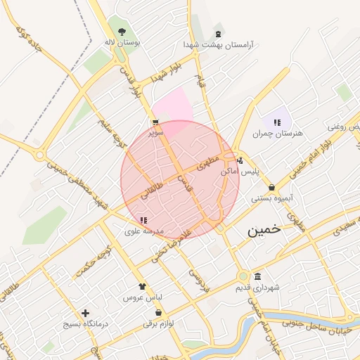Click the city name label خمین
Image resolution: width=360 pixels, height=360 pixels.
[264, 230]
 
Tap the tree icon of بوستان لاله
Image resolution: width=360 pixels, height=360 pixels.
[122, 32]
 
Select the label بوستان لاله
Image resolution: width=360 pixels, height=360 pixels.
[122, 43]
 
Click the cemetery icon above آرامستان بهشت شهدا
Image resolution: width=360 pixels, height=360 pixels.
[217, 33]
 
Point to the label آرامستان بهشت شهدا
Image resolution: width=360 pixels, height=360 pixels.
[217, 44]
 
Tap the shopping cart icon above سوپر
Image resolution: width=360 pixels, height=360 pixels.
[155, 122]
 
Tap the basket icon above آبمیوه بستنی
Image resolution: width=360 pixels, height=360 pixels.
[271, 187]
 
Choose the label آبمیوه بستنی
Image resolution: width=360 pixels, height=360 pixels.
[271, 198]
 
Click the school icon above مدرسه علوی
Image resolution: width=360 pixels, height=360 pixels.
[143, 220]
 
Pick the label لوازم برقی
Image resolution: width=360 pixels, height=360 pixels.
[157, 323]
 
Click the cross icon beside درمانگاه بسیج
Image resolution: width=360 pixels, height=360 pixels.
[86, 313]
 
